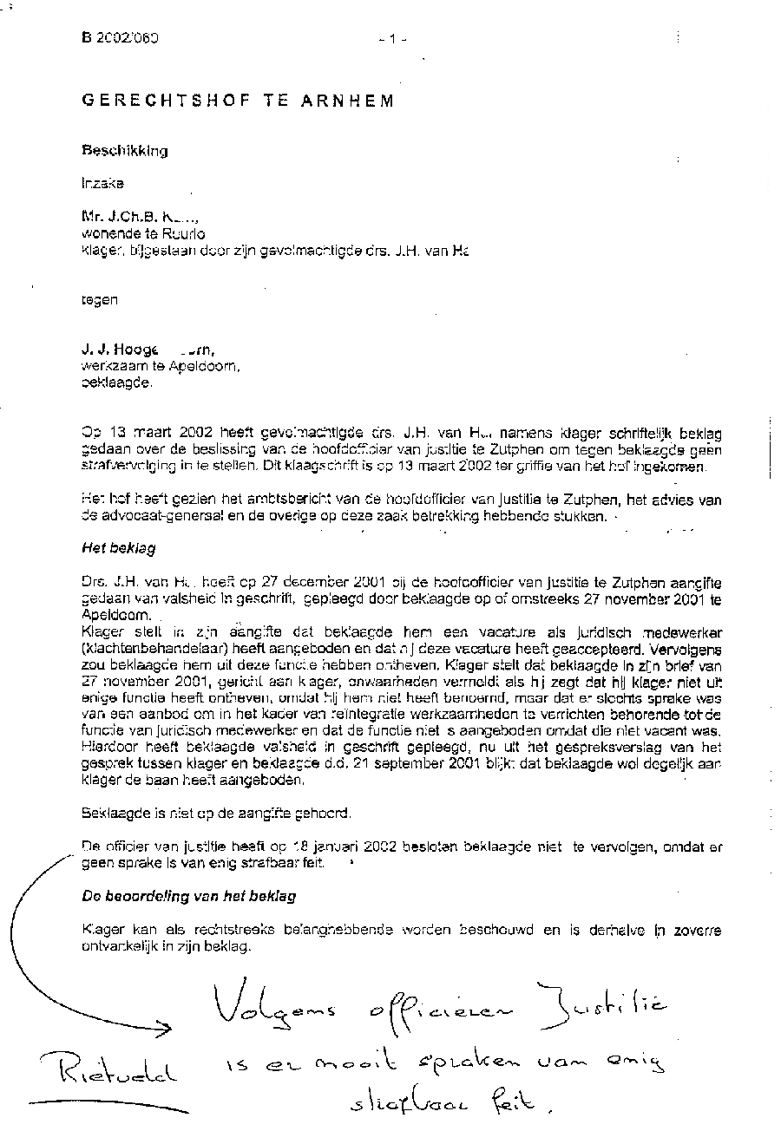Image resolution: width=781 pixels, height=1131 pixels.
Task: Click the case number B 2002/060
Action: [121, 38]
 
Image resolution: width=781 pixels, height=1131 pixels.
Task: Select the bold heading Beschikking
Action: [125, 150]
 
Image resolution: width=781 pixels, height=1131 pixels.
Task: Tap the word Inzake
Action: [102, 183]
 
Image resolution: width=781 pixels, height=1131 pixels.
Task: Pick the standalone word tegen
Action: [99, 300]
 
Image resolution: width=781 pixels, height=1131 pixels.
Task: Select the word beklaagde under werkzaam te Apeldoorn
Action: [115, 382]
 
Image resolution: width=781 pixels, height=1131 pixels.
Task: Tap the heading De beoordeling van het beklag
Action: [188, 896]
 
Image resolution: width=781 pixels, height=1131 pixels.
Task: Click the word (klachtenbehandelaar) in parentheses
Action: [148, 649]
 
